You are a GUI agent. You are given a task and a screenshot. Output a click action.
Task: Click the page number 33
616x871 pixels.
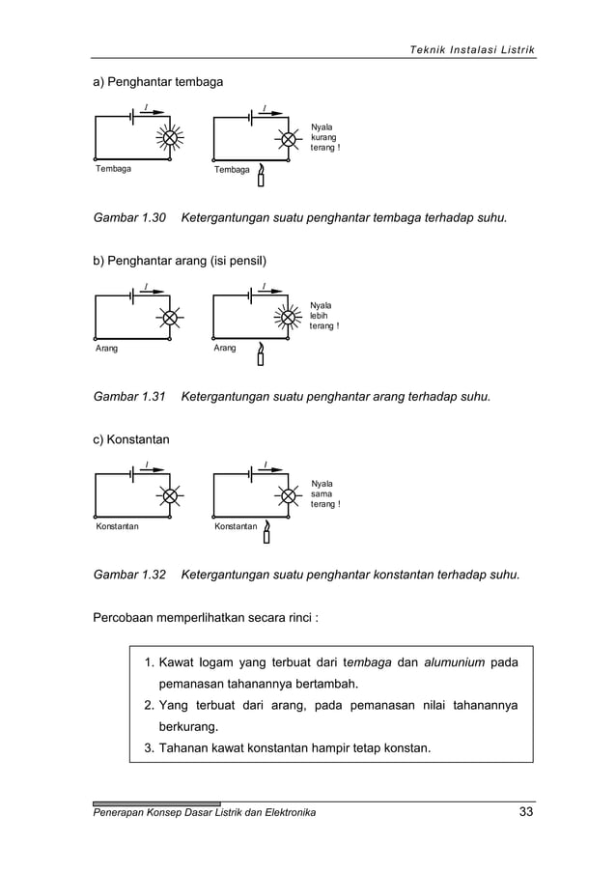(525, 812)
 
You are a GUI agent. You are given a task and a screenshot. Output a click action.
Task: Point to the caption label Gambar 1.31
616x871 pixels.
(129, 397)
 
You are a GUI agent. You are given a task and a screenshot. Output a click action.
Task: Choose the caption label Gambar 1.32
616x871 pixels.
(129, 576)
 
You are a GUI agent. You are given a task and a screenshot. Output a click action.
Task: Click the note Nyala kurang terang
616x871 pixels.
(324, 137)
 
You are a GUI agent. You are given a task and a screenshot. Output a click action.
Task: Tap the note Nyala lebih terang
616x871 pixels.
(323, 316)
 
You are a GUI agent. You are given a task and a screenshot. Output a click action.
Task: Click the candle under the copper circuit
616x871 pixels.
(261, 177)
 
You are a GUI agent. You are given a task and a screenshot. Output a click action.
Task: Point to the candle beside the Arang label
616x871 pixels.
(261, 355)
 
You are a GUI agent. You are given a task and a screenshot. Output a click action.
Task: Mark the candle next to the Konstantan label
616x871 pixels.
(266, 534)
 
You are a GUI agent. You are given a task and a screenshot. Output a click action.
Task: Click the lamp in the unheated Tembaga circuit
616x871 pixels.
(170, 138)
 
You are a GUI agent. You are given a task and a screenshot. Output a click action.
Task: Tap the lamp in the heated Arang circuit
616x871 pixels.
(288, 317)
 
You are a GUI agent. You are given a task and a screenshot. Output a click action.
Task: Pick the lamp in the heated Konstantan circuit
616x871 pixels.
(288, 495)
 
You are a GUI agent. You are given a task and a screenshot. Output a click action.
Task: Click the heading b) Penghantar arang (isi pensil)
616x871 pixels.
(179, 262)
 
